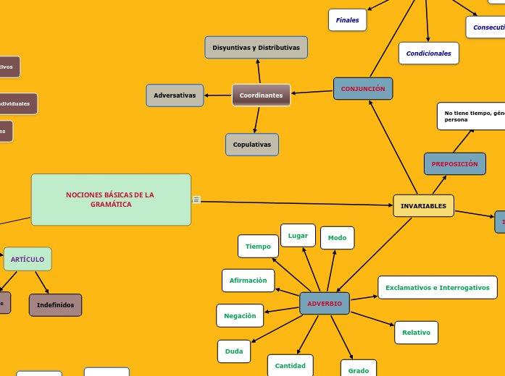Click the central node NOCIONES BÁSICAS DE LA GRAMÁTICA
pyautogui.click(x=111, y=200)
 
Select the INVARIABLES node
pyautogui.click(x=423, y=206)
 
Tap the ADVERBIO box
pyautogui.click(x=325, y=304)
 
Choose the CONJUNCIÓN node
pyautogui.click(x=363, y=89)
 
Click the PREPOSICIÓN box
pyautogui.click(x=454, y=164)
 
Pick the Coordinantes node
pyautogui.click(x=261, y=95)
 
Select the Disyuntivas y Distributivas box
pyautogui.click(x=256, y=48)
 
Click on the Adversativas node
pyautogui.click(x=175, y=95)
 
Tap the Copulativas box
pyautogui.click(x=251, y=145)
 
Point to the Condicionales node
pyautogui.click(x=428, y=54)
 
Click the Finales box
pyautogui.click(x=347, y=20)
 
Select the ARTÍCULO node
pyautogui.click(x=28, y=259)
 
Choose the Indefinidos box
pyautogui.click(x=55, y=305)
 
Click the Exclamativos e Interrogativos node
pyautogui.click(x=437, y=288)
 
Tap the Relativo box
pyautogui.click(x=416, y=333)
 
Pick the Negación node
pyautogui.click(x=240, y=316)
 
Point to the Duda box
pyautogui.click(x=234, y=351)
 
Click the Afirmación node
pyautogui.click(x=248, y=281)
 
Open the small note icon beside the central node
pyautogui.click(x=196, y=200)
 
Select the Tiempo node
pyautogui.click(x=258, y=247)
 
